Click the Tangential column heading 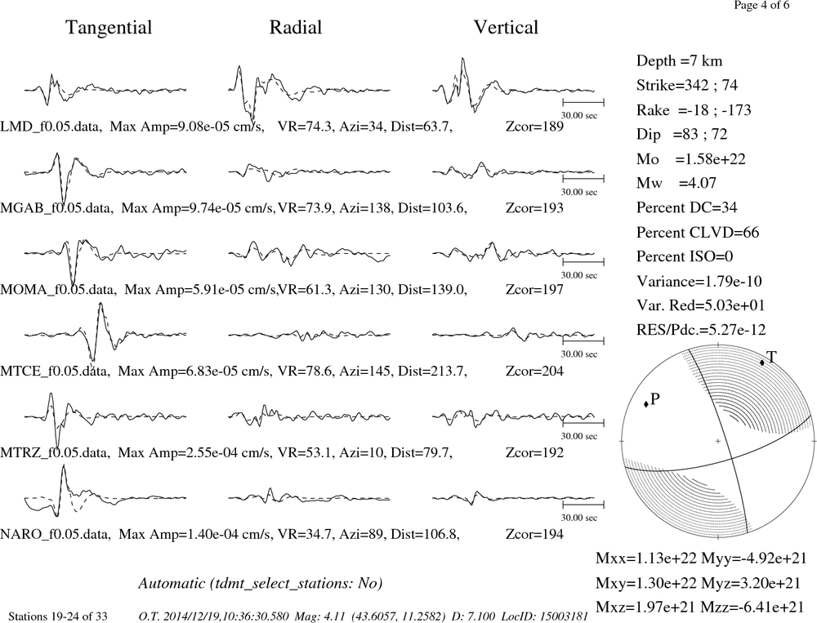109,28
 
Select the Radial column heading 296,27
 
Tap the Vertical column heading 506,27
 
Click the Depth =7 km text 680,61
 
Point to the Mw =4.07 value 676,183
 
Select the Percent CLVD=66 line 698,233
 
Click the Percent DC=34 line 687,208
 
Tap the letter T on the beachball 772,356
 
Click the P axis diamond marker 646,403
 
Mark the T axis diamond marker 761,362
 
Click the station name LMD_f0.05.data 51,127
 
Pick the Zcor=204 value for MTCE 534,372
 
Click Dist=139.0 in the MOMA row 432,290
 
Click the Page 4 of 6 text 761,5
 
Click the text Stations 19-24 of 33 58,616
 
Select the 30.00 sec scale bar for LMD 583,102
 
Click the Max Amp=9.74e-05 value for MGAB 198,208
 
